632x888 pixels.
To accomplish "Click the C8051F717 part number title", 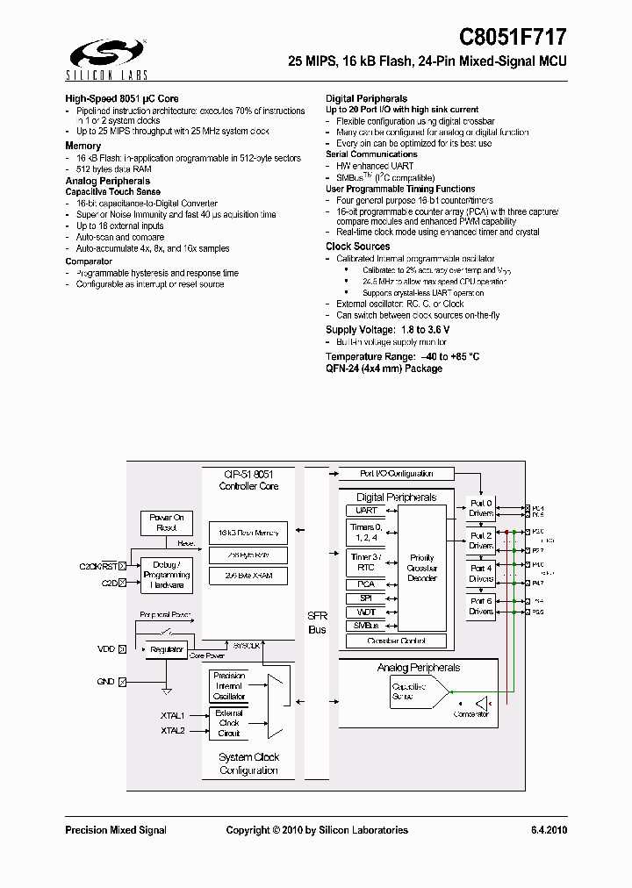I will click(513, 38).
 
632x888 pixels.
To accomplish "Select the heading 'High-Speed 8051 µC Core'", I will click(122, 99).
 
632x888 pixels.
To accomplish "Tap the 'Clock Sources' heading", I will click(357, 247).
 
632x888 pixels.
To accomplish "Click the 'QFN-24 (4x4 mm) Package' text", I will click(384, 369).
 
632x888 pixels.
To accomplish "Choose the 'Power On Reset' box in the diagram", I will click(166, 523).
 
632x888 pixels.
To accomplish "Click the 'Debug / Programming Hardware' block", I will click(166, 574).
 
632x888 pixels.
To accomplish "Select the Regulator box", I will click(166, 649).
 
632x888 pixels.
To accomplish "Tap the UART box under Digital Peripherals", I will click(366, 510).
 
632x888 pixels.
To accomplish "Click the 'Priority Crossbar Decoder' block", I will click(422, 567).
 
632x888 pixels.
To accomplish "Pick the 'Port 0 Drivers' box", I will click(481, 508).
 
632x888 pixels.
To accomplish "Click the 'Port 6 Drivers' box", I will click(481, 605).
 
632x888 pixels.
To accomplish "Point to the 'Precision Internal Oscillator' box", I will click(229, 685).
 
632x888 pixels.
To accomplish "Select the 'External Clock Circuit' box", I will click(229, 722).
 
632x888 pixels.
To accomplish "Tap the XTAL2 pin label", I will click(173, 730).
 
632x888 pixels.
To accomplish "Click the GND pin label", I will click(105, 682).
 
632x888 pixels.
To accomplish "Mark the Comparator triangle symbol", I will click(482, 703).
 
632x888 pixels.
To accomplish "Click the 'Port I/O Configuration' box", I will click(397, 474).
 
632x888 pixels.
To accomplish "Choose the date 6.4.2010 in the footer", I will click(549, 830).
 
